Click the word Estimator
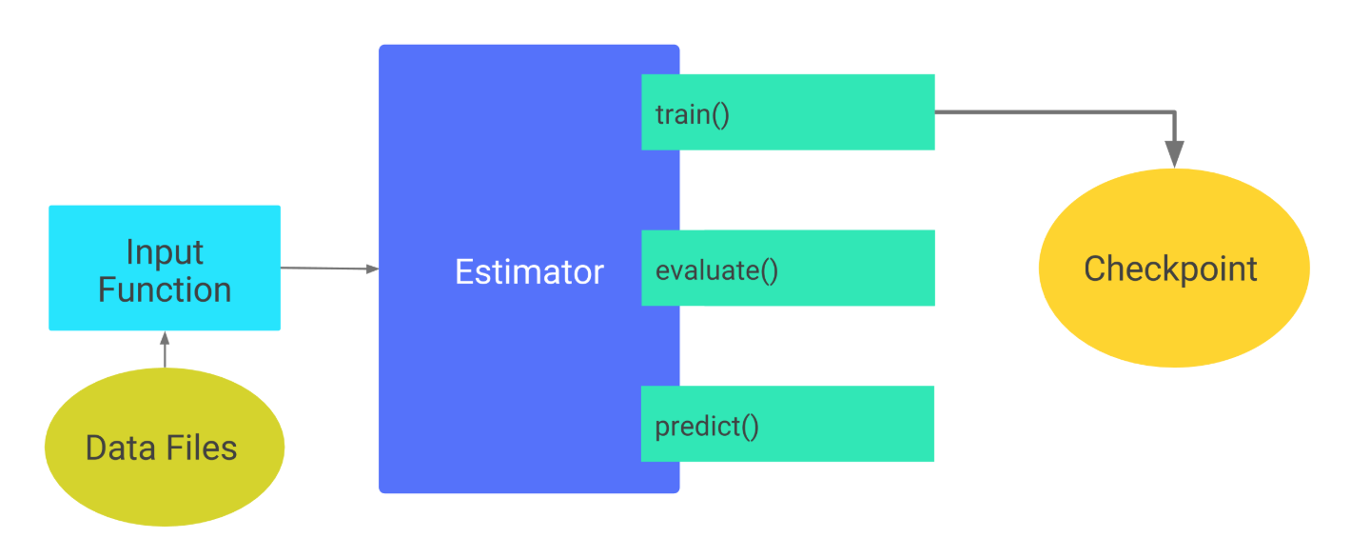pos(529,272)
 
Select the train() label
pos(692,115)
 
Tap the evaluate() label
pos(716,270)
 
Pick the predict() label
pos(706,426)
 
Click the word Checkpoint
pos(1170,269)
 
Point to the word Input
pos(165,252)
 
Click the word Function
pos(165,289)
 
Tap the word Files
pos(201,448)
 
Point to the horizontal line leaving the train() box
pos(1047,112)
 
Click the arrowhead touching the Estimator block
pos(373,269)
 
